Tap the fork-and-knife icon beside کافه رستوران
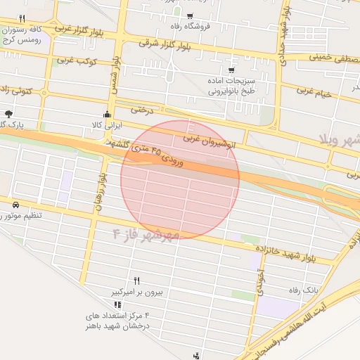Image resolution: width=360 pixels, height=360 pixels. [22, 18]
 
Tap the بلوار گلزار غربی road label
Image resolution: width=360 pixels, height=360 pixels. [83, 31]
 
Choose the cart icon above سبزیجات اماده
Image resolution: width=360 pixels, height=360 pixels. [232, 70]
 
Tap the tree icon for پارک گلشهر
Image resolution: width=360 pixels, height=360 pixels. [8, 113]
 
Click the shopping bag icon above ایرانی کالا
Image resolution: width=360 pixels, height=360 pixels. [107, 114]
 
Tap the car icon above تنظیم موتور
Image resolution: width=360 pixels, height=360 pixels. [15, 205]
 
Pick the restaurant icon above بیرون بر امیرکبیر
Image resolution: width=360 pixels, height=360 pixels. [137, 280]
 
